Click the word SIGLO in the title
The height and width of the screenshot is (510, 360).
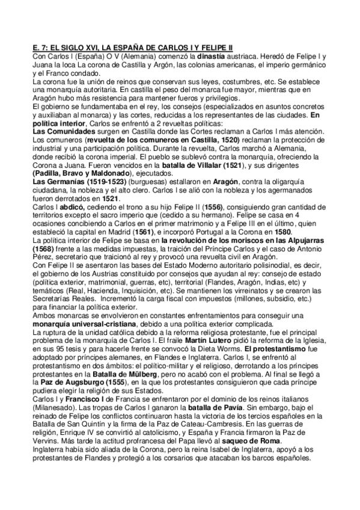click(x=82, y=48)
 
